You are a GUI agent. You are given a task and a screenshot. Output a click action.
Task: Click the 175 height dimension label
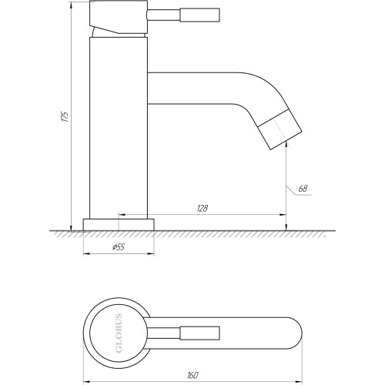[x=66, y=117]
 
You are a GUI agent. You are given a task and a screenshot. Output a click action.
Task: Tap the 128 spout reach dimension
[x=203, y=209]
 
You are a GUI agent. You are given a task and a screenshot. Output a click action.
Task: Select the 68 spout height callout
[x=303, y=189]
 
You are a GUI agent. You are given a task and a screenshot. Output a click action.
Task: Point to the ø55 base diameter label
[x=119, y=247]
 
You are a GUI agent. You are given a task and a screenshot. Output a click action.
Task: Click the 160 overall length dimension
[x=192, y=376]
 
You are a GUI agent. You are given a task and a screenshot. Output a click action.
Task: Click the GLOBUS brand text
[x=119, y=333]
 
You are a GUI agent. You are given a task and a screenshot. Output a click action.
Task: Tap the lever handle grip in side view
[x=199, y=15]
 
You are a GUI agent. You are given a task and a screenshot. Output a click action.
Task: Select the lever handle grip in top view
[x=199, y=333]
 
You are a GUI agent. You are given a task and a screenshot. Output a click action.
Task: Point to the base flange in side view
[x=119, y=225]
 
